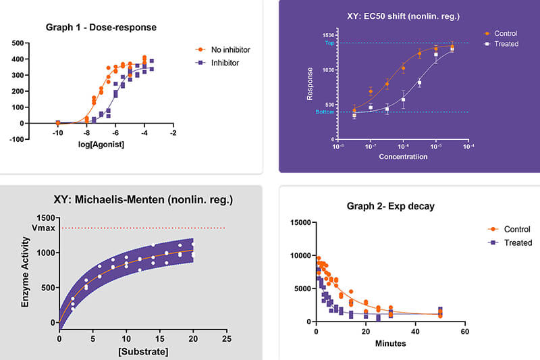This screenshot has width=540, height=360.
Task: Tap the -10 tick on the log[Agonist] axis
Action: [x=57, y=132]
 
